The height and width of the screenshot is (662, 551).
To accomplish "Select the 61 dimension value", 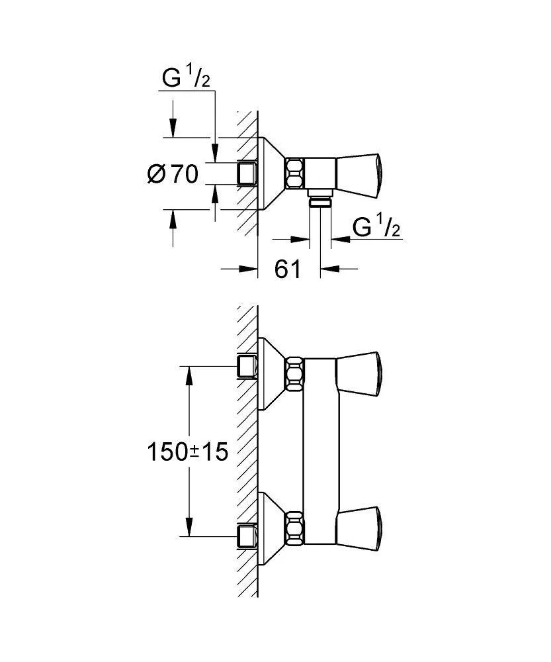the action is (288, 269).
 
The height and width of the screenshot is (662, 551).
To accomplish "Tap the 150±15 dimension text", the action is (187, 451).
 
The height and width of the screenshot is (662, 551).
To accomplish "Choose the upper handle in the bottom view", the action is (359, 374).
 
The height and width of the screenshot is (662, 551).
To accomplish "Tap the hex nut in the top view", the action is (294, 173).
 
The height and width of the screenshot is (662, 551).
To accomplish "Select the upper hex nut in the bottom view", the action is (294, 373).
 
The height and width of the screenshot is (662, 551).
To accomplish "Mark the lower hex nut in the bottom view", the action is (294, 528).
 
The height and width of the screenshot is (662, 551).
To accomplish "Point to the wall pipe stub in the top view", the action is (247, 173).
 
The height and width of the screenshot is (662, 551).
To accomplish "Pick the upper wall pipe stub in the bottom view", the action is (247, 367).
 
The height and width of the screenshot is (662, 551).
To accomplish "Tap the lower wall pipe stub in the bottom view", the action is (247, 537).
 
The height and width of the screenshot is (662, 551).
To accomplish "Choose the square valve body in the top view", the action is (319, 173).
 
